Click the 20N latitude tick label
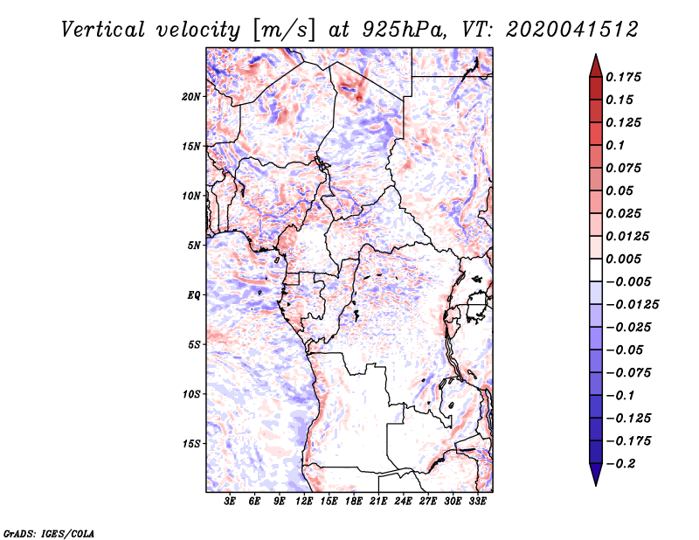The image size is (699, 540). (191, 97)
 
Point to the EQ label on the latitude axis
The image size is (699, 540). (193, 295)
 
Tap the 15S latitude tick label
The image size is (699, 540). (191, 444)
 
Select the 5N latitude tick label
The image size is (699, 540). (194, 246)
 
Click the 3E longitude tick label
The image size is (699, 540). (230, 502)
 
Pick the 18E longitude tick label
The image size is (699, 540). (354, 502)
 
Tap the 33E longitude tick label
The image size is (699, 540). (477, 502)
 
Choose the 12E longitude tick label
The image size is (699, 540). (304, 502)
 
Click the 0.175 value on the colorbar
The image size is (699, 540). (623, 77)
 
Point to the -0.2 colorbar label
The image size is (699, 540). (620, 464)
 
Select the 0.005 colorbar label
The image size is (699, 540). (623, 259)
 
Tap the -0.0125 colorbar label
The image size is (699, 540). (632, 305)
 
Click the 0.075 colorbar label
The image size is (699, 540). (623, 168)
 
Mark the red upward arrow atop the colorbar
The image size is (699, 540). (596, 66)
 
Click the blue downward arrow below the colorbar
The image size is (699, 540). (596, 474)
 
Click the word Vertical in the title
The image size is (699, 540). (102, 30)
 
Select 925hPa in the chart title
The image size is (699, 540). (404, 30)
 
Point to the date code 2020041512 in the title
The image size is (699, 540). (572, 30)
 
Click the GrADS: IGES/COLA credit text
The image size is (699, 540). (49, 533)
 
